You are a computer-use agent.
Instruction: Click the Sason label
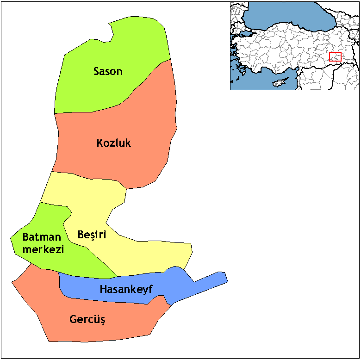point(108,71)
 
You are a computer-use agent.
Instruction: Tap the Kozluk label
point(113,143)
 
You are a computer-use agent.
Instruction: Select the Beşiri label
point(92,235)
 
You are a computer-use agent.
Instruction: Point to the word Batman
point(42,237)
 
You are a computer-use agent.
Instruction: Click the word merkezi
point(43,249)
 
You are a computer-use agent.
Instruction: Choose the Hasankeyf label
point(126,290)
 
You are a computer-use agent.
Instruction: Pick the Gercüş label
point(87,319)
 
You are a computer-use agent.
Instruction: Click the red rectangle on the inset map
point(335,56)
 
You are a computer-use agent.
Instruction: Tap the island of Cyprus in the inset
point(279,83)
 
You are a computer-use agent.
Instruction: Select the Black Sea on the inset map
point(287,16)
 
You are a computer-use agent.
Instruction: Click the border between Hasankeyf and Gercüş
point(111,301)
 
